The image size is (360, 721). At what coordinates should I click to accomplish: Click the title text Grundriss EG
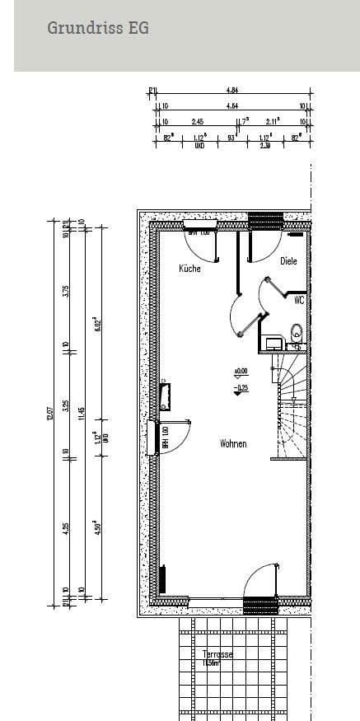pyautogui.click(x=98, y=28)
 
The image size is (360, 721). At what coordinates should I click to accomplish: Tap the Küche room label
pyautogui.click(x=189, y=269)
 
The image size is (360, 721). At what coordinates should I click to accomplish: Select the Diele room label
pyautogui.click(x=288, y=261)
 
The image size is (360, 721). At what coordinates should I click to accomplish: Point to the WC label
pyautogui.click(x=299, y=302)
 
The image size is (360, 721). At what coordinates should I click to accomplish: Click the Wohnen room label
pyautogui.click(x=233, y=444)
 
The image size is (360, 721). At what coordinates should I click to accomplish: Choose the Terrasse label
pyautogui.click(x=217, y=654)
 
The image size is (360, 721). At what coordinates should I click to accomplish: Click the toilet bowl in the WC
pyautogui.click(x=297, y=334)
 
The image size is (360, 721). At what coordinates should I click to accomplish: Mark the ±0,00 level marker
pyautogui.click(x=241, y=372)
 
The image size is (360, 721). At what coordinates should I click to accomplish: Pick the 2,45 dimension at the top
pyautogui.click(x=198, y=121)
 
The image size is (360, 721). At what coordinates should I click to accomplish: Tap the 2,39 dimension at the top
pyautogui.click(x=265, y=146)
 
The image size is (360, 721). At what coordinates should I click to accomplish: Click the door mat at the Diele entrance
pyautogui.click(x=264, y=220)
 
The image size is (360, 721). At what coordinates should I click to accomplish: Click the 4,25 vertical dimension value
pyautogui.click(x=66, y=528)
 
